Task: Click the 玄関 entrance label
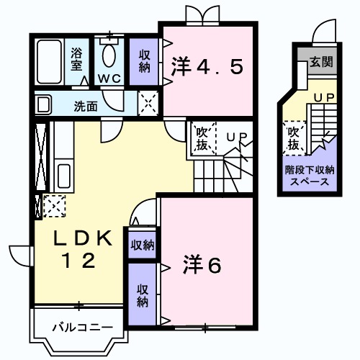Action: coord(320,62)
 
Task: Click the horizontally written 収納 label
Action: coord(142,245)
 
